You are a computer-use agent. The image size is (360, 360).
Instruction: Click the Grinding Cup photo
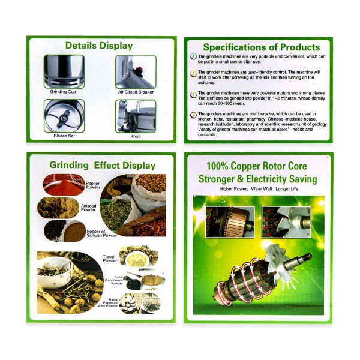pos(64,71)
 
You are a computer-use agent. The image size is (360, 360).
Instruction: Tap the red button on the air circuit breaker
pos(139,69)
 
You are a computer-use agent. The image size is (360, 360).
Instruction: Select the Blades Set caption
pos(64,136)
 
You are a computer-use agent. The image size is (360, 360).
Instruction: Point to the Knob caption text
pos(136,136)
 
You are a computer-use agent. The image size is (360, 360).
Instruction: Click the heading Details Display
pos(99,46)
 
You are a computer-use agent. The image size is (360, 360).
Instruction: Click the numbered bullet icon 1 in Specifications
pos(194,56)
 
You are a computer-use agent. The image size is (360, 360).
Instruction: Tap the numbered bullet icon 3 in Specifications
pos(194,95)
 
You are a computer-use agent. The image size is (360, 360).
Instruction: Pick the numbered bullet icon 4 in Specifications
pos(194,115)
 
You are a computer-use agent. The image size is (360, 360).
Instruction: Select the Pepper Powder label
pos(93,185)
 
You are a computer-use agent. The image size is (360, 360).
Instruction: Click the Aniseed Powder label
pos(88,208)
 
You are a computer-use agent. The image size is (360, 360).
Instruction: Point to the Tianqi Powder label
pos(110,259)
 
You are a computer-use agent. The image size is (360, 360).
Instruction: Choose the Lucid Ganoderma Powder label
pos(114,280)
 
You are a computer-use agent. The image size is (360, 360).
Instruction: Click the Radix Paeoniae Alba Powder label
pos(108,303)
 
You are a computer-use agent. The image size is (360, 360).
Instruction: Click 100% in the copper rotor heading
pos(217,166)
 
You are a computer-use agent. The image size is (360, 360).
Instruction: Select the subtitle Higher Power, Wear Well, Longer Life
pos(259,189)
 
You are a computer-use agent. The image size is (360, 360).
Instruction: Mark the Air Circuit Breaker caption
pos(136,92)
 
